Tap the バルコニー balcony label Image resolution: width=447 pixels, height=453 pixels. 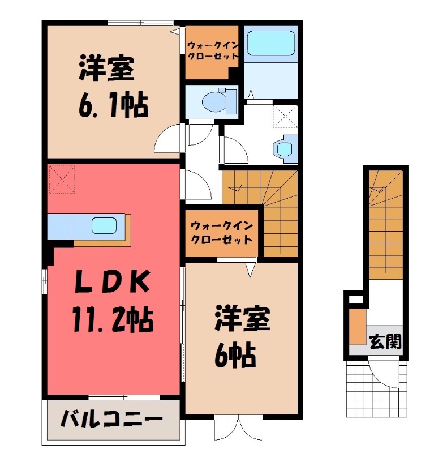point(111,420)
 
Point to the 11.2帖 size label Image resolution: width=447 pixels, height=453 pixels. point(111,319)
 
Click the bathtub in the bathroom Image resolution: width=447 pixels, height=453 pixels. point(269,42)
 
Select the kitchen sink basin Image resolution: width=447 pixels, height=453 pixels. point(106,225)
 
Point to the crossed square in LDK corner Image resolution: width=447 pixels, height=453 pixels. point(62,179)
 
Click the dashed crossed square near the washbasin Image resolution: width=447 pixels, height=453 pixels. point(284,117)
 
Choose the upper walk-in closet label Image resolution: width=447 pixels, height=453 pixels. point(212,52)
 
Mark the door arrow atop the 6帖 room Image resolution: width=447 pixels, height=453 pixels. point(250,271)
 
